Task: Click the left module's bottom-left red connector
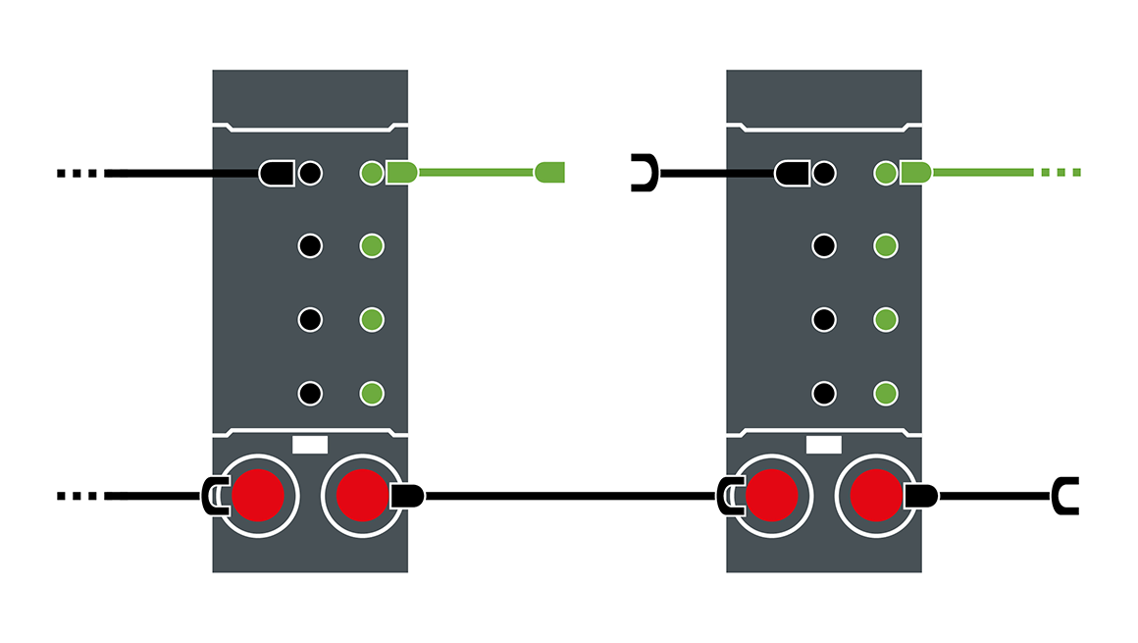258,496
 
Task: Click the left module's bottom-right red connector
362,496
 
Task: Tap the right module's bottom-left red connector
771,496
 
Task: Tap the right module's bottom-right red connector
875,496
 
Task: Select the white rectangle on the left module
310,444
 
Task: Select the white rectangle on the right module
823,444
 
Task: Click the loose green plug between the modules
550,173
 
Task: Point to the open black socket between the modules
644,173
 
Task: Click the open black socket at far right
1065,496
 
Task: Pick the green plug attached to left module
401,173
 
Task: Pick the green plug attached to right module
915,173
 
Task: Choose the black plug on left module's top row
276,174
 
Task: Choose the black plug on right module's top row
790,174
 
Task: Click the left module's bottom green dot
371,394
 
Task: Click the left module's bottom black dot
310,394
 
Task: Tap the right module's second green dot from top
885,245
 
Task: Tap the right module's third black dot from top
824,320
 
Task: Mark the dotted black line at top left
78,174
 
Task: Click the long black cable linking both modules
569,496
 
